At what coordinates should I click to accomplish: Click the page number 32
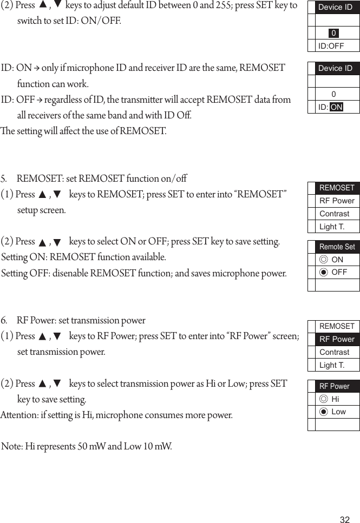point(344,520)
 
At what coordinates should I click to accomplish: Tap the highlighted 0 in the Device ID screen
point(333,34)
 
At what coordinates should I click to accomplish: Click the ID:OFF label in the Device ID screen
point(331,46)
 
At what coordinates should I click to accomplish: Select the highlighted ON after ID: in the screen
point(336,107)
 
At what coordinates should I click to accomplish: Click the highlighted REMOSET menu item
point(337,188)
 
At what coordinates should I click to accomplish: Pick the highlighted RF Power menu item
point(337,339)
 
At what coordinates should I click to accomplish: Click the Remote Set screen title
point(337,247)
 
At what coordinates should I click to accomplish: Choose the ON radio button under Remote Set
point(324,260)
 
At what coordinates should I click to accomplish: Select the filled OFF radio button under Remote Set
point(324,272)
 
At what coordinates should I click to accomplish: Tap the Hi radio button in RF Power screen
point(324,399)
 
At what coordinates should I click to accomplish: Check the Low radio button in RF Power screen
point(324,412)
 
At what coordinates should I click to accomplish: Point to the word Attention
point(18,415)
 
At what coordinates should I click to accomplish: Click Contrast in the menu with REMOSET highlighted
point(334,214)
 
